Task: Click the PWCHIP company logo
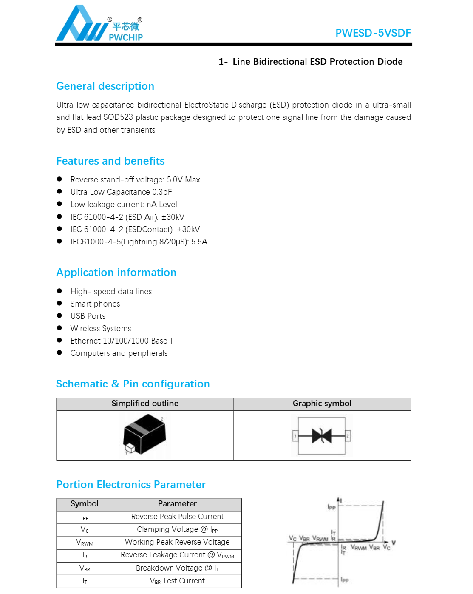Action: pyautogui.click(x=99, y=24)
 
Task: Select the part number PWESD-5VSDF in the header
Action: pyautogui.click(x=373, y=33)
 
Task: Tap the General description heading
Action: pyautogui.click(x=105, y=86)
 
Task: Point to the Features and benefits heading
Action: pyautogui.click(x=110, y=161)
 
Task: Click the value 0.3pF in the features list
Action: pyautogui.click(x=162, y=192)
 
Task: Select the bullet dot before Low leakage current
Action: pyautogui.click(x=59, y=204)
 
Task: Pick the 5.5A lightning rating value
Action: pyautogui.click(x=199, y=242)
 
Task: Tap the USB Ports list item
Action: pyautogui.click(x=88, y=316)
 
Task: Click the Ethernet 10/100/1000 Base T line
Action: pyautogui.click(x=122, y=341)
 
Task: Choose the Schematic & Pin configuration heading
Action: pyautogui.click(x=133, y=384)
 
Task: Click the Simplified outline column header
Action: pyautogui.click(x=145, y=404)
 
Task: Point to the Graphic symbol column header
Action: pyautogui.click(x=322, y=404)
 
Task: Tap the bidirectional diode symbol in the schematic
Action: pyautogui.click(x=322, y=436)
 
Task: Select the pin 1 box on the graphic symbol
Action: pyautogui.click(x=295, y=436)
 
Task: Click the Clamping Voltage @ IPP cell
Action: pyautogui.click(x=177, y=530)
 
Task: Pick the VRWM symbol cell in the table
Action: pyautogui.click(x=85, y=543)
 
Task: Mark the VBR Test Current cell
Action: pyautogui.click(x=177, y=581)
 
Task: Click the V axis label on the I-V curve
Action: pyautogui.click(x=394, y=543)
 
